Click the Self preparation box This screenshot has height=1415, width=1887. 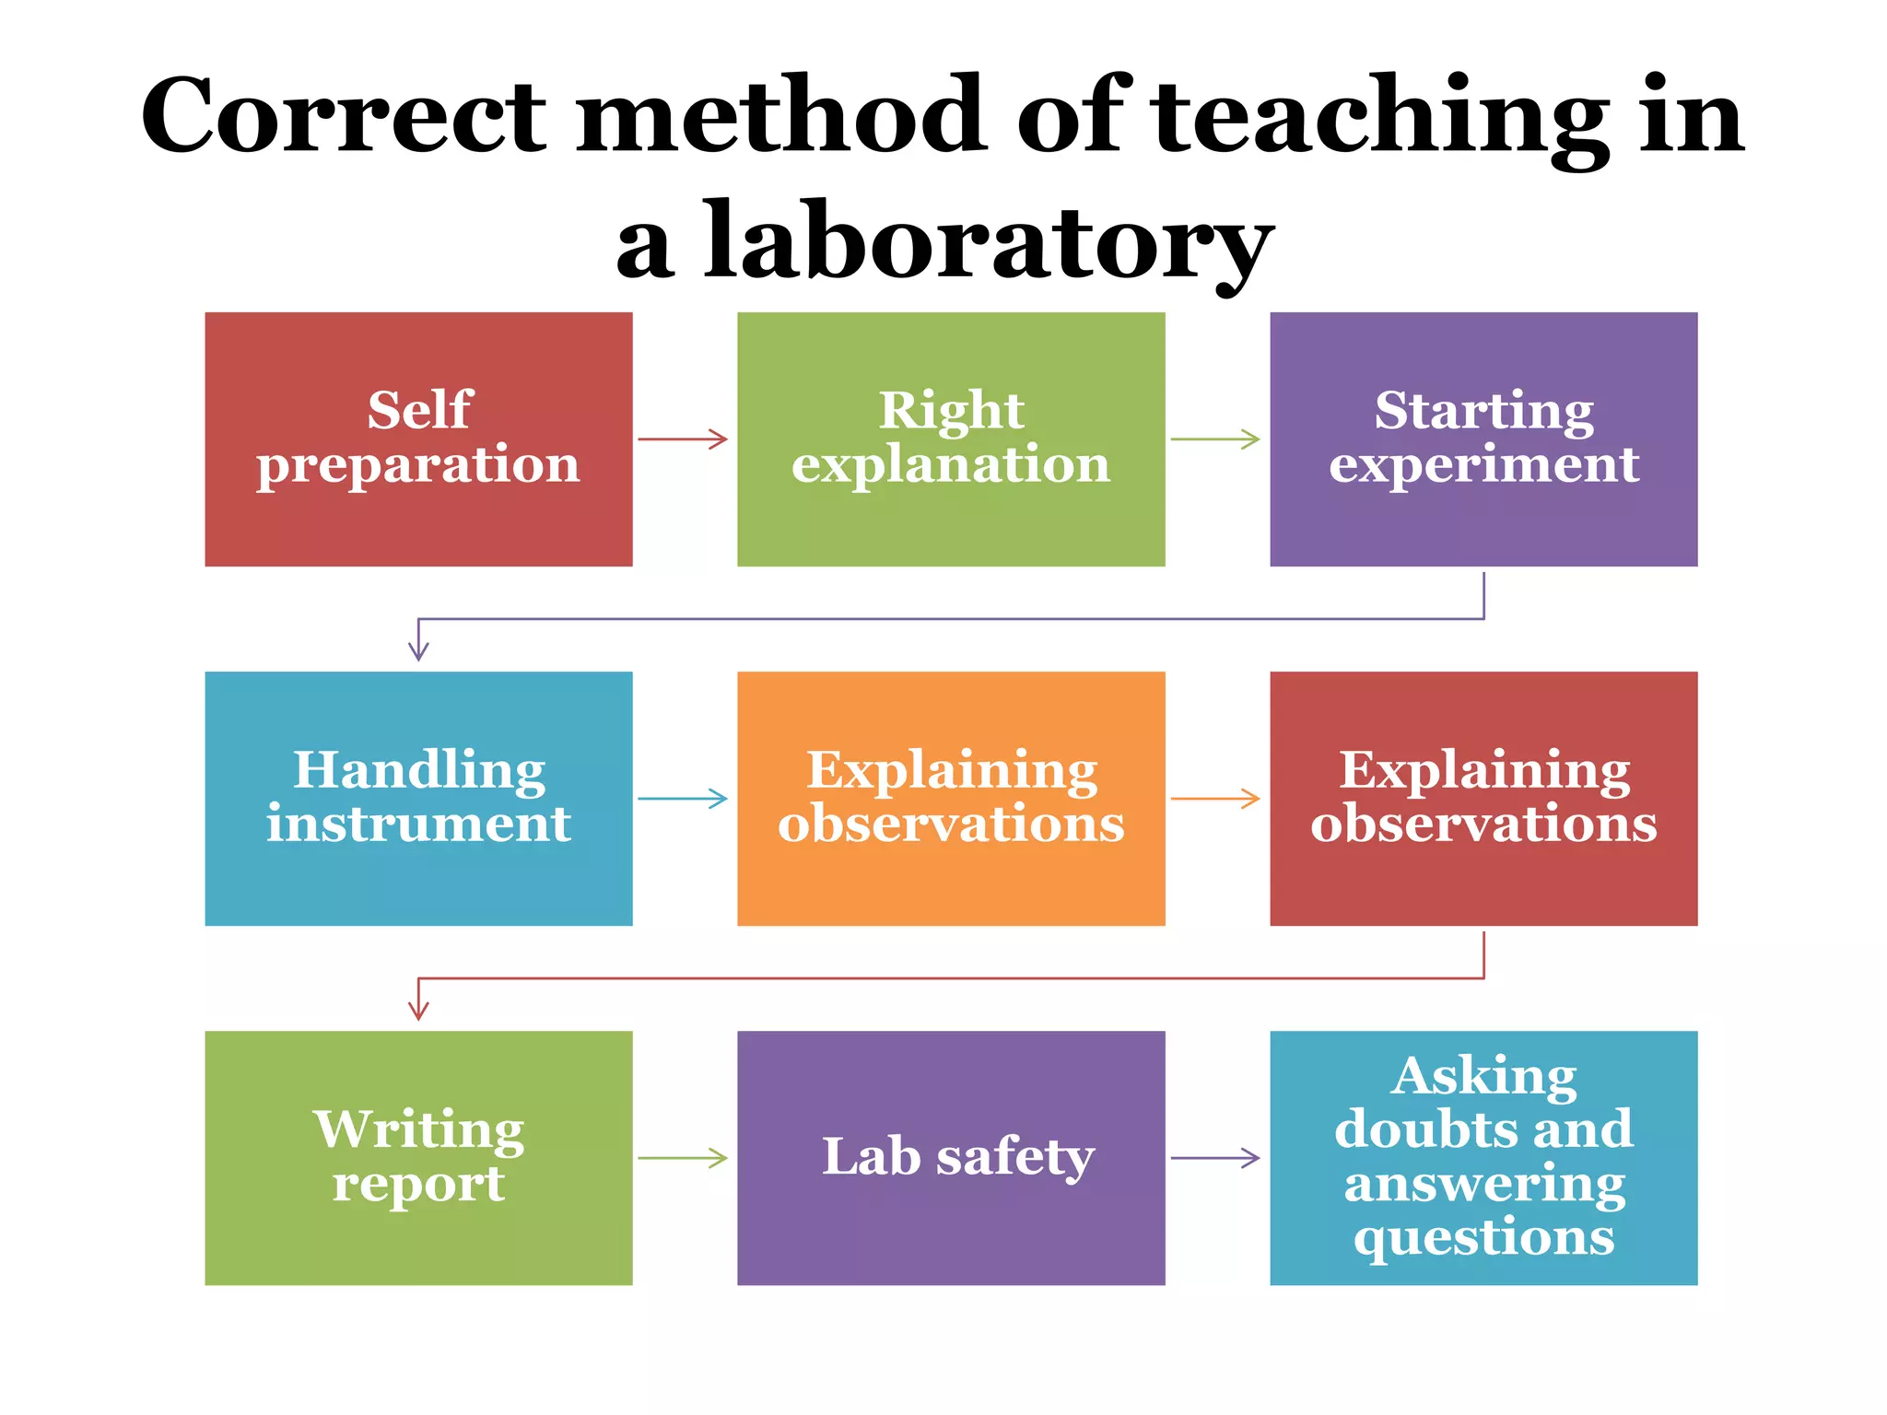tap(418, 439)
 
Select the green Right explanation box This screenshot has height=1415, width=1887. tap(951, 439)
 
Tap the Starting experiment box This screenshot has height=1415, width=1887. tap(1483, 439)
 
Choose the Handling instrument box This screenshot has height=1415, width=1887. tap(418, 798)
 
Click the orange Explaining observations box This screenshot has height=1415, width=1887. tap(951, 798)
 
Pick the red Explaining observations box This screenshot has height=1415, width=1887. tap(1483, 798)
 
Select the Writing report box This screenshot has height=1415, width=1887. tap(418, 1157)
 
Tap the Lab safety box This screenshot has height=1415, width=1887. tap(951, 1157)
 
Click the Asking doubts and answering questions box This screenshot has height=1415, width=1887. tap(1483, 1157)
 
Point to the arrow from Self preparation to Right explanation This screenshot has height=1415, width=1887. tap(683, 439)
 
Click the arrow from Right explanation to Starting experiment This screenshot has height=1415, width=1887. tap(1215, 439)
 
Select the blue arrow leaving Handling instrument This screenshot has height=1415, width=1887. tap(683, 799)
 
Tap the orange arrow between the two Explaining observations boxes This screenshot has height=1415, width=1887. tap(1215, 799)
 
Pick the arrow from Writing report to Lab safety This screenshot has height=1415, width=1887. tap(683, 1158)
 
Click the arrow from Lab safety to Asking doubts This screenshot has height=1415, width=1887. tap(1215, 1158)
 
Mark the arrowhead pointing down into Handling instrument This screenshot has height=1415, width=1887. tap(418, 650)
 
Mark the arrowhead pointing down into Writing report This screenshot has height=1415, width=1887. tap(418, 1010)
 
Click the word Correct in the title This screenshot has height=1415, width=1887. tap(345, 116)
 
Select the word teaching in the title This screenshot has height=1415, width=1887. tap(1381, 118)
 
